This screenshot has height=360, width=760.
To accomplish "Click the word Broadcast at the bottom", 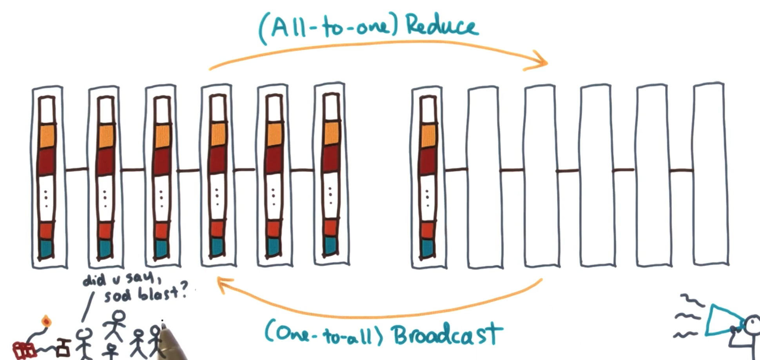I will tap(447, 335).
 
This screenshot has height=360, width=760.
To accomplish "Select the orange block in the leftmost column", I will tap(47, 136).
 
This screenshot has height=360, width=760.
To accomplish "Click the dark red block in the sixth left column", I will tap(330, 159).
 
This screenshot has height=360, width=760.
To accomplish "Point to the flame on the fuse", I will tap(46, 321).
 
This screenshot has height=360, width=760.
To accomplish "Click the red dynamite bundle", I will tap(24, 350).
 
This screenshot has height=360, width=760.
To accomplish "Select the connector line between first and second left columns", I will tap(77, 170).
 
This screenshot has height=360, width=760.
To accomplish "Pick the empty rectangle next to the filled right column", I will tap(483, 176).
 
